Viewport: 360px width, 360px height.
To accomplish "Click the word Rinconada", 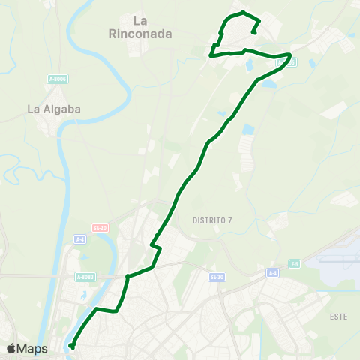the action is coord(141,34).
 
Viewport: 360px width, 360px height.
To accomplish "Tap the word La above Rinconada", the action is coord(140,21).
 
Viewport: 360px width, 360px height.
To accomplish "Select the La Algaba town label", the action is coord(53,109).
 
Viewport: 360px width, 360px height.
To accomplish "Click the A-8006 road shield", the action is coord(57,78).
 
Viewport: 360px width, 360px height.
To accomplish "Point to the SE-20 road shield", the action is coord(101,226).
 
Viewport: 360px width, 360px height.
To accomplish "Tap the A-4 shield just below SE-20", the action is coord(80,239).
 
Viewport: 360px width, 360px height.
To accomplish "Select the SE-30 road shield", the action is coord(217,277).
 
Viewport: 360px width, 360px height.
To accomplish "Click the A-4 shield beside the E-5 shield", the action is coord(271,274).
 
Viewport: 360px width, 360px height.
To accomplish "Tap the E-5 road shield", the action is coord(295,263).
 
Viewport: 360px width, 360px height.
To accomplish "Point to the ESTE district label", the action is coord(338,316).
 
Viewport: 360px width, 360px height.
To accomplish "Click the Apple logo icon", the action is coord(10,349).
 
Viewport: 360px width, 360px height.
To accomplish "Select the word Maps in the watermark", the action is coord(33,349).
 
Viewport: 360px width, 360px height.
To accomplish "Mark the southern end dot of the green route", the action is coord(72,346).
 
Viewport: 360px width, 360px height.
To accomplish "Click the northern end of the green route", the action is coord(256,31).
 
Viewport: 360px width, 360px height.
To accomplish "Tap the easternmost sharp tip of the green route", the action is coord(291,55).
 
